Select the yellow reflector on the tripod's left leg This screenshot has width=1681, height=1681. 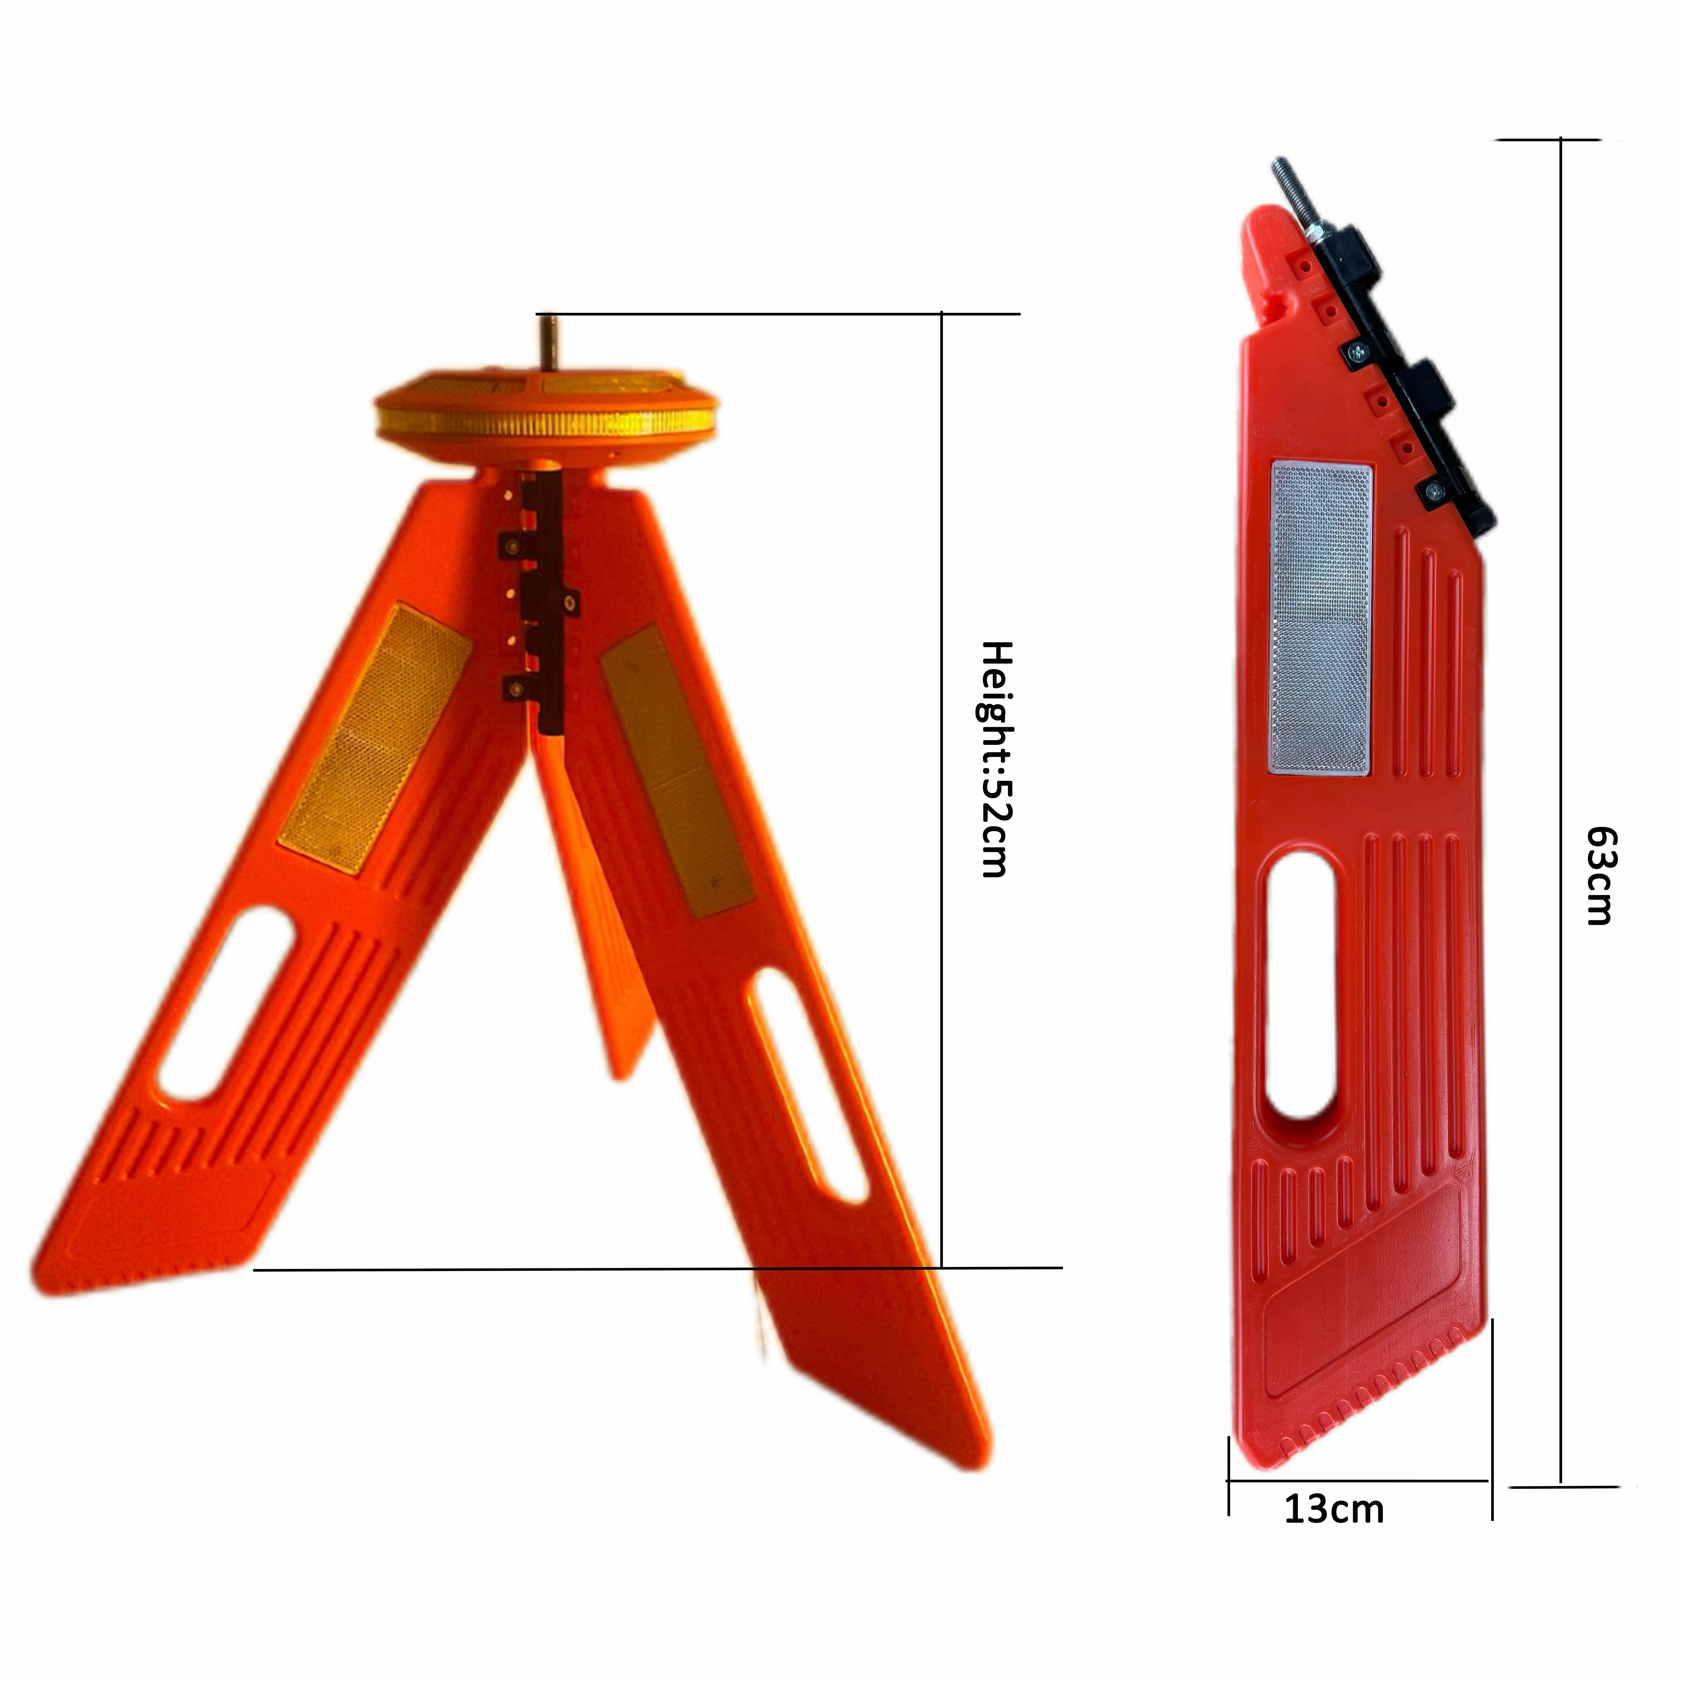pos(375,739)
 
